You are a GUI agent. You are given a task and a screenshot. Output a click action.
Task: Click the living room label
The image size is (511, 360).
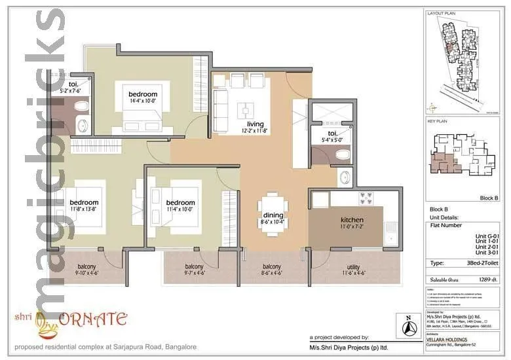click(x=255, y=124)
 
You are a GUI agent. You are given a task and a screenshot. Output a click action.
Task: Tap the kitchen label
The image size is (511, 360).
click(x=352, y=219)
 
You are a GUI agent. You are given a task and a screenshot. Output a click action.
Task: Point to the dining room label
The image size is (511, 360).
click(x=273, y=215)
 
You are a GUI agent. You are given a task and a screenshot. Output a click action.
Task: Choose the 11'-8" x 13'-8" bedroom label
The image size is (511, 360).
click(x=85, y=202)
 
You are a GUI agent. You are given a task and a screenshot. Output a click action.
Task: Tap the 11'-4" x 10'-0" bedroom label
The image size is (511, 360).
click(x=180, y=202)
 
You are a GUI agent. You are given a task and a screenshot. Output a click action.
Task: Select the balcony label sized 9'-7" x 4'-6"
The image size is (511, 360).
click(x=194, y=266)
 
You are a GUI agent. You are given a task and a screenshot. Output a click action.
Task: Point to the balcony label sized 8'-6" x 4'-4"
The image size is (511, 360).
click(x=272, y=266)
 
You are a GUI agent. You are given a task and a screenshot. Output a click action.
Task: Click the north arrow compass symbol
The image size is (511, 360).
click(x=409, y=325)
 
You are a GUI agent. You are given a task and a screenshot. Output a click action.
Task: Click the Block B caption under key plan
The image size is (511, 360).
click(x=489, y=197)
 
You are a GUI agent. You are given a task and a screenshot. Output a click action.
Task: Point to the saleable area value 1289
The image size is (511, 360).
click(x=486, y=279)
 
